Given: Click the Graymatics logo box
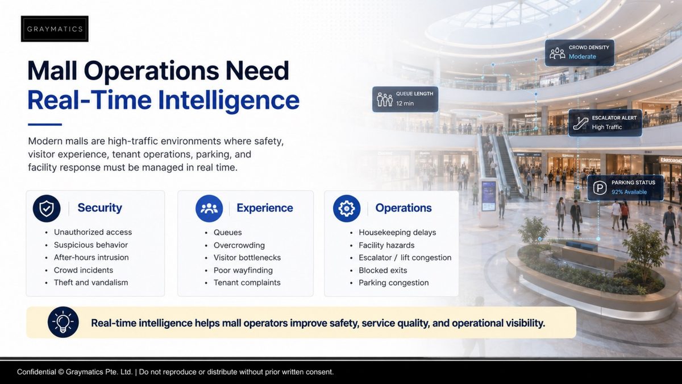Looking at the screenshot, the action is click(x=55, y=29).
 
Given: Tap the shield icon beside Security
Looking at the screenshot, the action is click(x=47, y=208).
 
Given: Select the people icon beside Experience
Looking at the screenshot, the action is click(x=209, y=208).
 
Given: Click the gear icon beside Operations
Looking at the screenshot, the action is click(x=347, y=208).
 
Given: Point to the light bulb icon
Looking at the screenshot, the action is click(x=63, y=322).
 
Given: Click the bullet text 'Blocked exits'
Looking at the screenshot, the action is click(x=382, y=270).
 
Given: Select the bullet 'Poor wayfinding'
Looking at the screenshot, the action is click(x=243, y=270).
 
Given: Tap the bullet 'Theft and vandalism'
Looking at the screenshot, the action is click(x=91, y=283).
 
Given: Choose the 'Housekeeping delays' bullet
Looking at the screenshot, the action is click(x=397, y=233).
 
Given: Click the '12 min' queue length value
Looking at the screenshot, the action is click(x=405, y=104).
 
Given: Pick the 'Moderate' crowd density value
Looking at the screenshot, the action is click(x=583, y=56).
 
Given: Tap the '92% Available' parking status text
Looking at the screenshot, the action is click(x=629, y=192).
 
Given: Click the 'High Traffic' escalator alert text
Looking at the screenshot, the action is click(x=607, y=127).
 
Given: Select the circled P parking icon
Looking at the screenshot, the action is click(x=600, y=188).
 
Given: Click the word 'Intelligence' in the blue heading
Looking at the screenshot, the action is click(x=228, y=100).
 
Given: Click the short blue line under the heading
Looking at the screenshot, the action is click(x=45, y=125).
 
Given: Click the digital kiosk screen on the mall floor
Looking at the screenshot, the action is click(x=489, y=196).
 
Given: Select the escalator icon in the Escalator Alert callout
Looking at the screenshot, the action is click(x=580, y=123).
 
